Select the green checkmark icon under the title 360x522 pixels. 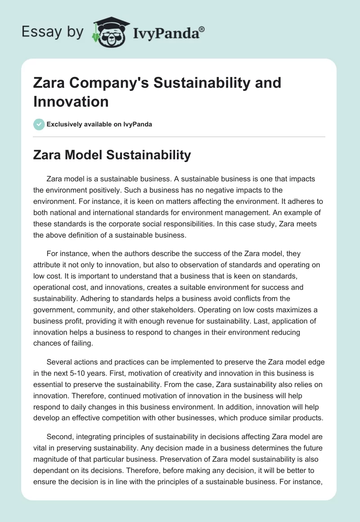(x=39, y=124)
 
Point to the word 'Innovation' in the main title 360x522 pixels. (x=71, y=102)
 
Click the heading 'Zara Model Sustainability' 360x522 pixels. (x=112, y=155)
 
